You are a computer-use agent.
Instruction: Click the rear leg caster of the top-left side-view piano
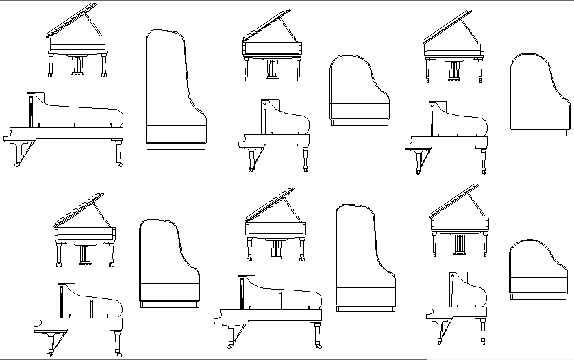click(x=121, y=164)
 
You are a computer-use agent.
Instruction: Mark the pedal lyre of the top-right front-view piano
click(x=453, y=70)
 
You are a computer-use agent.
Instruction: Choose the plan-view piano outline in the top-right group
click(x=540, y=92)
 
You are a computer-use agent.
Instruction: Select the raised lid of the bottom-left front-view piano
click(x=78, y=209)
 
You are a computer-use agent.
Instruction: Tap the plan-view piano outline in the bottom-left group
click(x=169, y=263)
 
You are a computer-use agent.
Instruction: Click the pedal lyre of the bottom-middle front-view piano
click(x=275, y=249)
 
